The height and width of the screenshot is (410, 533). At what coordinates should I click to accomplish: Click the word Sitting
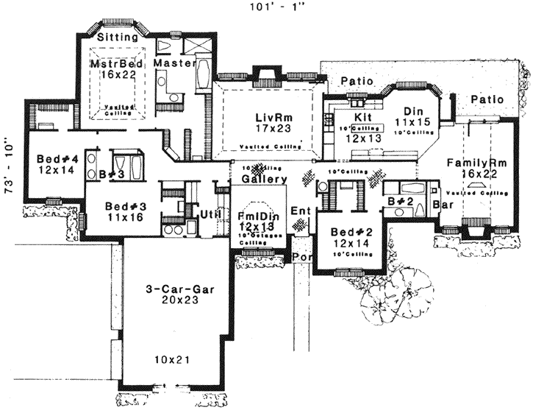[118, 36]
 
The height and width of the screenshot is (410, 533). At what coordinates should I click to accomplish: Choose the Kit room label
[362, 116]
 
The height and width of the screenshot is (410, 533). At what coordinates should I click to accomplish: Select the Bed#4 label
[48, 158]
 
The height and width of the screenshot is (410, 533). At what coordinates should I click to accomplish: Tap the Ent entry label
[300, 211]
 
